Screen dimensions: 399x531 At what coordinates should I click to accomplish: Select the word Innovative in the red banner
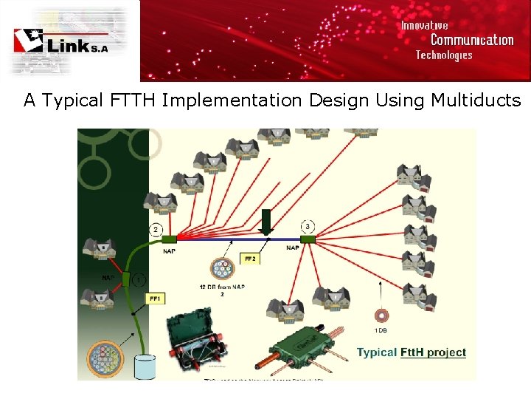point(424,25)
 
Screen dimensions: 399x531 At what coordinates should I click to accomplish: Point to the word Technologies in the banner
point(443,55)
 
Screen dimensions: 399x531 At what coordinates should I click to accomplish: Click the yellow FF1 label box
point(155,299)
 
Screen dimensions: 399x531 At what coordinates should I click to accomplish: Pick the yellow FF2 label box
point(249,259)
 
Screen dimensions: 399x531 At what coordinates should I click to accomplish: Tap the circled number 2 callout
point(156,229)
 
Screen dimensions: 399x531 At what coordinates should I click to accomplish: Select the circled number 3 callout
point(307,225)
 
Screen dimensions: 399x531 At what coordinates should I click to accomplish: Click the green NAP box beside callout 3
point(308,239)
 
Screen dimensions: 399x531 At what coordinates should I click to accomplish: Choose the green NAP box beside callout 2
point(169,239)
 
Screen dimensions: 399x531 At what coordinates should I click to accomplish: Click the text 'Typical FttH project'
point(411,352)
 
